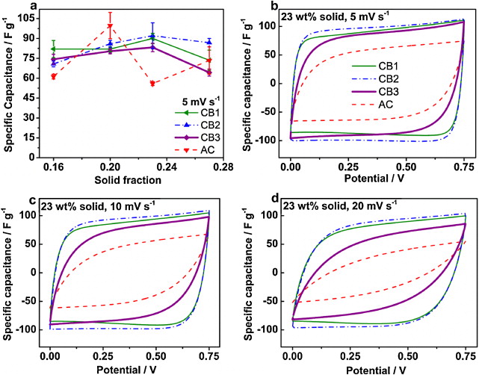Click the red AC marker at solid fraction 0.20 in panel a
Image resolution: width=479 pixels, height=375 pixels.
pos(111,26)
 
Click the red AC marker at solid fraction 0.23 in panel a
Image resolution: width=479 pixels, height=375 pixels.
pos(152,83)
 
